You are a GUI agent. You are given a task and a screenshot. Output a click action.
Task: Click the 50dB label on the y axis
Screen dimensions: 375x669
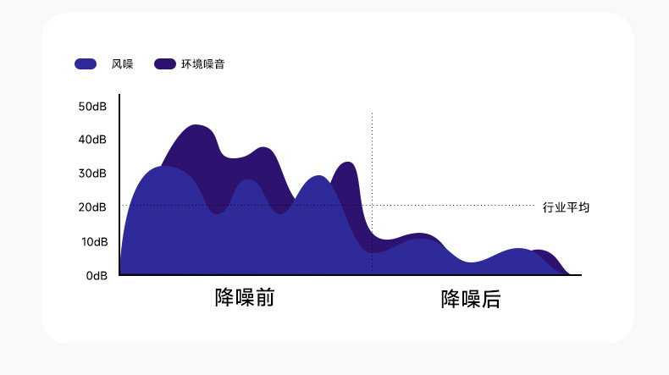coord(92,107)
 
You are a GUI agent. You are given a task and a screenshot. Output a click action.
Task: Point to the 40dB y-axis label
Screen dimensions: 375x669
coord(92,140)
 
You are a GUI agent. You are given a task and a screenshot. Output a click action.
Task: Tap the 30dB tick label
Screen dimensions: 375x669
coord(92,174)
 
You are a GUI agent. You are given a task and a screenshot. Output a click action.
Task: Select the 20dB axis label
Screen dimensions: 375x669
coord(92,207)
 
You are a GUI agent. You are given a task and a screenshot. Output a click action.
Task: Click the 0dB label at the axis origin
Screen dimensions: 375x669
coord(96,276)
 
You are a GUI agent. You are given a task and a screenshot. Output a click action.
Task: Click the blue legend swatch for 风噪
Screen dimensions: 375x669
coord(86,63)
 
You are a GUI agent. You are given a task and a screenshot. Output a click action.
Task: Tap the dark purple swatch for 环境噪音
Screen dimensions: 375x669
coord(164,63)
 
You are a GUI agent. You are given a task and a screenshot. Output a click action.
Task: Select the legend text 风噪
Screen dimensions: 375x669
coord(122,63)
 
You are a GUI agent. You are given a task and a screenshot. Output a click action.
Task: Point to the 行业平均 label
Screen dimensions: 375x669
coord(566,207)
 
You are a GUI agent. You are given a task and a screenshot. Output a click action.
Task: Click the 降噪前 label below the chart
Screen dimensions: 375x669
coord(245,299)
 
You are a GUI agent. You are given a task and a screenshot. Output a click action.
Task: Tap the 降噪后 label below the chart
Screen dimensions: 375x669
coord(471,299)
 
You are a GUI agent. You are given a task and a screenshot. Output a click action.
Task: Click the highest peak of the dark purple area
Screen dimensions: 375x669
coord(196,126)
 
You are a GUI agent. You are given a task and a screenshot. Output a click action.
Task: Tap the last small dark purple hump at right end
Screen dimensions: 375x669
coord(544,252)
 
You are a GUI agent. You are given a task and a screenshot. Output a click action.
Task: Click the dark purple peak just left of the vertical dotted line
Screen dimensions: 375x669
coord(346,163)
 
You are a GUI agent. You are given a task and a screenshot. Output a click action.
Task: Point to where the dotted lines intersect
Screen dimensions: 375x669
coord(373,205)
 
